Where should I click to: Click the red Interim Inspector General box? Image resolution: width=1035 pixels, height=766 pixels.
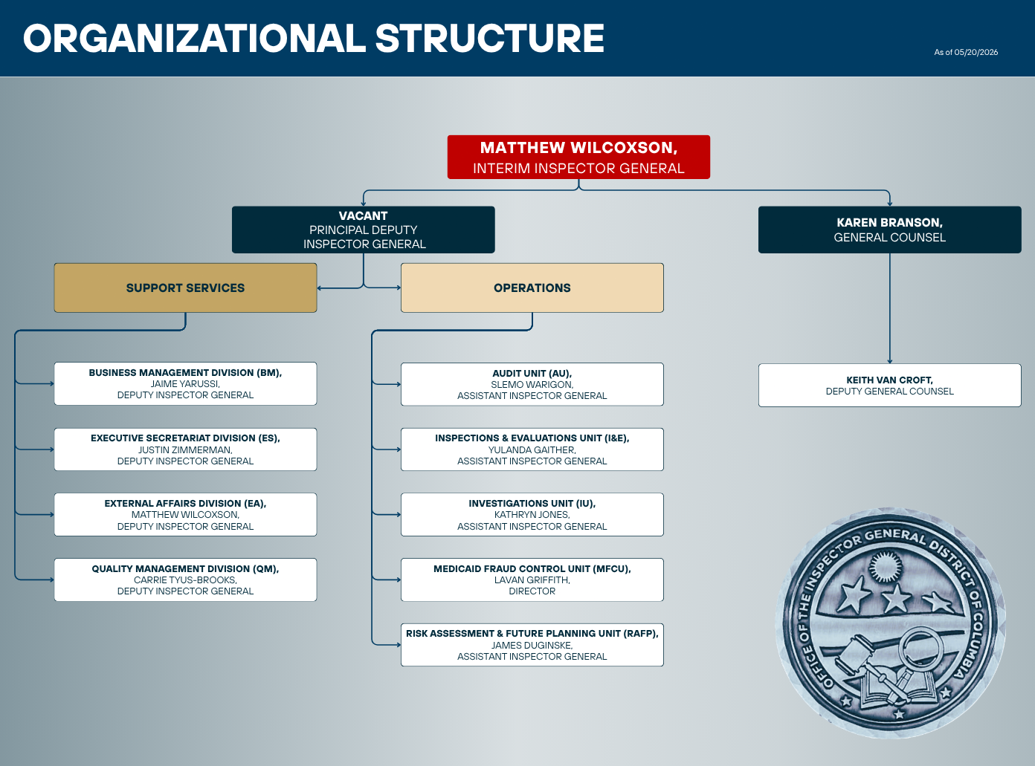pos(578,158)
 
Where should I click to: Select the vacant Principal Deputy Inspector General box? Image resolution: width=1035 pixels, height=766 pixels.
pos(363,230)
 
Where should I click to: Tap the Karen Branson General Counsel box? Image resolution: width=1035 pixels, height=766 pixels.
pos(889,230)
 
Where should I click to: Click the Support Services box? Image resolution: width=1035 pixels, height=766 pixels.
pos(185,288)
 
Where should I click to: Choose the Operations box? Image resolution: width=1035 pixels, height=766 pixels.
pos(532,288)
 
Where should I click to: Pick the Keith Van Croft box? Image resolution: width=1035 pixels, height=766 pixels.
pos(889,386)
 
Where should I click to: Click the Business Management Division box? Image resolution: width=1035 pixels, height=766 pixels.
pos(185,383)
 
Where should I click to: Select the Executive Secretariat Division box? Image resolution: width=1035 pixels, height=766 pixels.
pos(185,449)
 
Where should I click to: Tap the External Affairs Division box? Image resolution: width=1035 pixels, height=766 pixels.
pos(185,515)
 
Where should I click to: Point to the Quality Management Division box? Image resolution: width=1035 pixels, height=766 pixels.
pos(185,580)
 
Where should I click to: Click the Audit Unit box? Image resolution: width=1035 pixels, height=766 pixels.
pos(532,384)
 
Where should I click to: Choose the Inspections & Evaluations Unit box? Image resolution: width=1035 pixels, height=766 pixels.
pos(532,449)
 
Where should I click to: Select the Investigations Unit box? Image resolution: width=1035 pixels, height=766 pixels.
pos(532,515)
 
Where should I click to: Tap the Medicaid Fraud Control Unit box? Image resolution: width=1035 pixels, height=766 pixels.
pos(532,580)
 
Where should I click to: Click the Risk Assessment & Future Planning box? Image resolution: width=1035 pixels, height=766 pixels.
pos(532,645)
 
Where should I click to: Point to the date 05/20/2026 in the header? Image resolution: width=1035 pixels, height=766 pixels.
pos(976,52)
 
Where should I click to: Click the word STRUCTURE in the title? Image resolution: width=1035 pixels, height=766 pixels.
pos(489,38)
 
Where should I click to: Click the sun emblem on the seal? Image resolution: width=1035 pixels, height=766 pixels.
pos(885,566)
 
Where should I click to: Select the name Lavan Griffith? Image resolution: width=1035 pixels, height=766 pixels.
pos(532,580)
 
